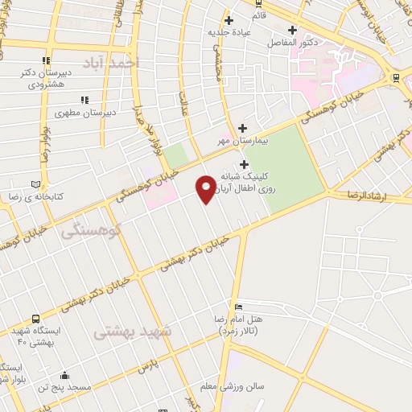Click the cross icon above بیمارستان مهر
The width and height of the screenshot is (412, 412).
[x=242, y=127]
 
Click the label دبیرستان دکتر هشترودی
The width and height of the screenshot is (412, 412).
[x=47, y=77]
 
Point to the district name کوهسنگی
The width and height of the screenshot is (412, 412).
[x=90, y=230]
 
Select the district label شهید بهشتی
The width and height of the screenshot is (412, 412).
[x=132, y=332]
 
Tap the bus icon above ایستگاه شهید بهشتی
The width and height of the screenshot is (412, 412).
[x=35, y=318]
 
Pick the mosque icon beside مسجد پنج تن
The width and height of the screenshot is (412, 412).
[x=64, y=375]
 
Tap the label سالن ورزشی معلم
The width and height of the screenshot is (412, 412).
[x=237, y=386]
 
